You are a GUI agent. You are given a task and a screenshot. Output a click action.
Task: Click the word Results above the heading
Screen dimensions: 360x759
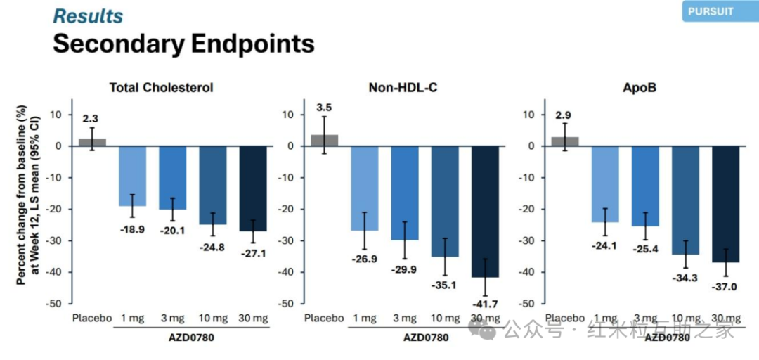pos(88,15)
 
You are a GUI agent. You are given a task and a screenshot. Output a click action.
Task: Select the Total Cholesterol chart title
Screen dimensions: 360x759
pos(161,88)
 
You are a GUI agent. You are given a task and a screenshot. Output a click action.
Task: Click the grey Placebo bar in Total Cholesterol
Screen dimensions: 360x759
pos(91,143)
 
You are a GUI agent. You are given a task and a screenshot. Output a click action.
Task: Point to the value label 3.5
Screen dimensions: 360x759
pos(324,108)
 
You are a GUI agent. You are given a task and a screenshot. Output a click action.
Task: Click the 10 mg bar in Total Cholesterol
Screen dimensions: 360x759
pos(213,185)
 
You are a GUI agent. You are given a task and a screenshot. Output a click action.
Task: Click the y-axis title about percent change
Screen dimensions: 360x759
pos(26,195)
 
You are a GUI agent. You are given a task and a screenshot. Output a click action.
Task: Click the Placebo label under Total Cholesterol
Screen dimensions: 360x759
pos(92,319)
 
